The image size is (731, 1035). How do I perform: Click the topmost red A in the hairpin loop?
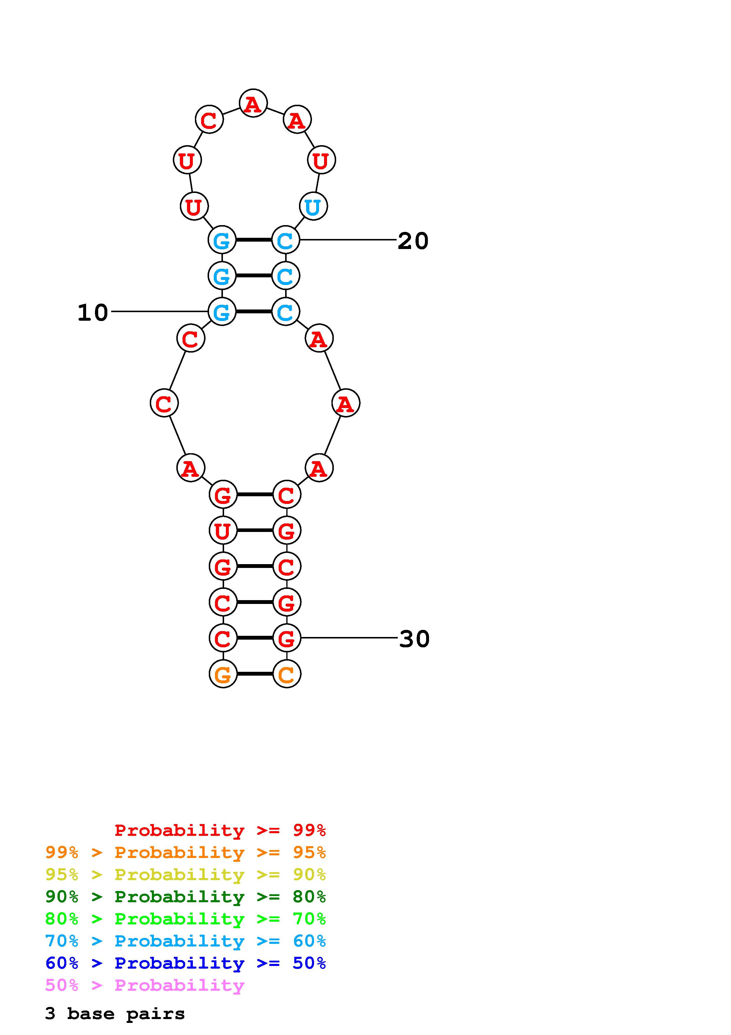[x=253, y=103]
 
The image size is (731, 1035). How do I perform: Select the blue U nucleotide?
[x=313, y=207]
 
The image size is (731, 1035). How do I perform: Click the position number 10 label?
[x=93, y=312]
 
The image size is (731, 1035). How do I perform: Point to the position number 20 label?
[x=413, y=241]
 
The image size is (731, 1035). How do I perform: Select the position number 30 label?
[x=414, y=639]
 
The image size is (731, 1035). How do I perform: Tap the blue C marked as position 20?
[x=285, y=240]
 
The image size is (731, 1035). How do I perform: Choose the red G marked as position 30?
[x=286, y=638]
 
